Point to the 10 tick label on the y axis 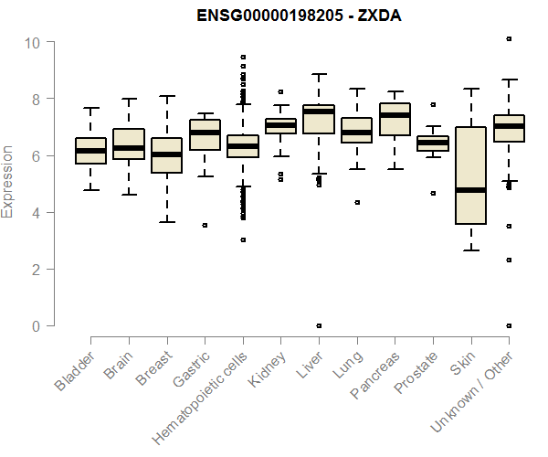pos(32,42)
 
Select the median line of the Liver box pos(319,112)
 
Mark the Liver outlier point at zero pos(319,325)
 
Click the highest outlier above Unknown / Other pos(509,39)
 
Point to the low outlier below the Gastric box pos(205,225)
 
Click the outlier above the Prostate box pos(433,104)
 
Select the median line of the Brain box pos(129,147)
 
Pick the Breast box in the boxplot pos(167,155)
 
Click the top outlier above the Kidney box pos(280,91)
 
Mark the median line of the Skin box pos(470,190)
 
